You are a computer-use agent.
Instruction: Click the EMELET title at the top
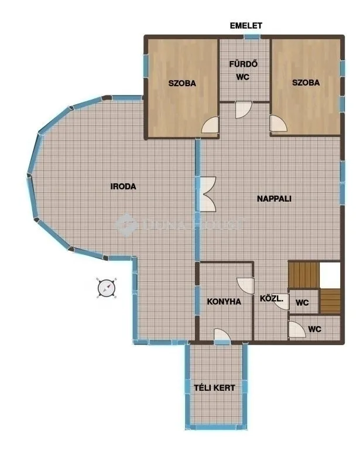click(x=246, y=25)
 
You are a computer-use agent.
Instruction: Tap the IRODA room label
click(x=124, y=187)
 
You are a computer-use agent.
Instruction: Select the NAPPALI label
click(x=274, y=198)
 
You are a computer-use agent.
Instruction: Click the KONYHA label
click(x=224, y=302)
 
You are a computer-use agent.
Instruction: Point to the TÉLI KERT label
click(x=215, y=388)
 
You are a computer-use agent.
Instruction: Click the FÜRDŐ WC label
click(x=244, y=70)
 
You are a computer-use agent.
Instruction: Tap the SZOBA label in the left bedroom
click(x=182, y=83)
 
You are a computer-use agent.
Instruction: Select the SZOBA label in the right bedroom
click(x=306, y=83)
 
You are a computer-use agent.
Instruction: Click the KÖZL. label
click(x=272, y=299)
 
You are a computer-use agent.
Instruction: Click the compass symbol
click(x=107, y=288)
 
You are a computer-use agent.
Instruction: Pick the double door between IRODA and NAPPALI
click(x=207, y=193)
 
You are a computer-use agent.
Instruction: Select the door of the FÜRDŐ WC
click(x=243, y=109)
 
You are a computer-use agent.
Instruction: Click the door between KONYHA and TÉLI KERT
click(x=222, y=335)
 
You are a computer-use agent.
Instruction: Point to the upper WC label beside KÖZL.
click(x=302, y=303)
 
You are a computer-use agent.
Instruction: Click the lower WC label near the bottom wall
click(x=314, y=329)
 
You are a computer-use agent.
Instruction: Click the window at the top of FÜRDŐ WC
click(x=252, y=37)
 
